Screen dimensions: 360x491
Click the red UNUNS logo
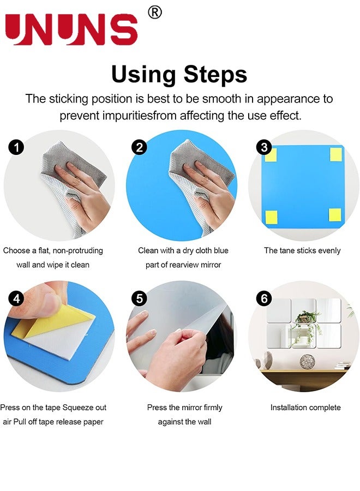(x=71, y=29)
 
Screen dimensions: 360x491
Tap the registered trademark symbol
(x=155, y=13)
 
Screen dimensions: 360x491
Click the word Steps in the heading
(x=215, y=74)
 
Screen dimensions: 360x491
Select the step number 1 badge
(x=16, y=147)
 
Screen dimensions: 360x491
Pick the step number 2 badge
(x=139, y=147)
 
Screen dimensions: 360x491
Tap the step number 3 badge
(x=264, y=147)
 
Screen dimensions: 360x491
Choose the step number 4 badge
(x=16, y=298)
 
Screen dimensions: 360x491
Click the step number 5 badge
(x=139, y=298)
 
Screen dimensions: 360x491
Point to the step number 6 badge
(x=264, y=298)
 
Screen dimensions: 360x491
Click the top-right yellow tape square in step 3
(x=335, y=154)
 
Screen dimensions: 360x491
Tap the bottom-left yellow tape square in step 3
(x=271, y=217)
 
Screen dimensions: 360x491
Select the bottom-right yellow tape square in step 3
(x=335, y=215)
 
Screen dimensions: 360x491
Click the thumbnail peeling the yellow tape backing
(x=59, y=336)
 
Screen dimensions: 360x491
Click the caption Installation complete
(x=305, y=408)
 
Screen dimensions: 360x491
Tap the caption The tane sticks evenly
(x=302, y=250)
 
